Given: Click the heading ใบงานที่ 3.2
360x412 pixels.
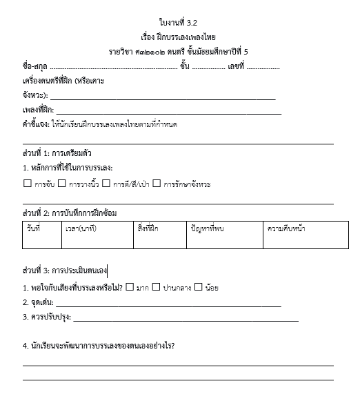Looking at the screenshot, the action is point(181,22).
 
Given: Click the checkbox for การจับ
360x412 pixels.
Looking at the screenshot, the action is point(27,184).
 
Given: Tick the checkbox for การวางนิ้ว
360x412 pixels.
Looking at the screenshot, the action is point(61,184).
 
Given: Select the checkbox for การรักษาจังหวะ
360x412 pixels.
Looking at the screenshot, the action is point(157,184).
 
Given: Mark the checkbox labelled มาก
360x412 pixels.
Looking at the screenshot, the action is point(130,287).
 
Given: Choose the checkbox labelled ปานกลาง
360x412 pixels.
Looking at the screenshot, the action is point(157,287).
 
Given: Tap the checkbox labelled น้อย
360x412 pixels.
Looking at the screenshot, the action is point(199,287).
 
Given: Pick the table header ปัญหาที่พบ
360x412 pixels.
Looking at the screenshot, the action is point(205,228).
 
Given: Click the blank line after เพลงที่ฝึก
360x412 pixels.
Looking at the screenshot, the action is point(168,111).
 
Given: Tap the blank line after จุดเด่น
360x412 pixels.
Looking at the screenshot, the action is point(168,304).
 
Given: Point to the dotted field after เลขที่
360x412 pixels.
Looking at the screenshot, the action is point(263,68).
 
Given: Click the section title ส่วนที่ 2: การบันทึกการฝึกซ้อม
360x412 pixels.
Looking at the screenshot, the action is point(69,213).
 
